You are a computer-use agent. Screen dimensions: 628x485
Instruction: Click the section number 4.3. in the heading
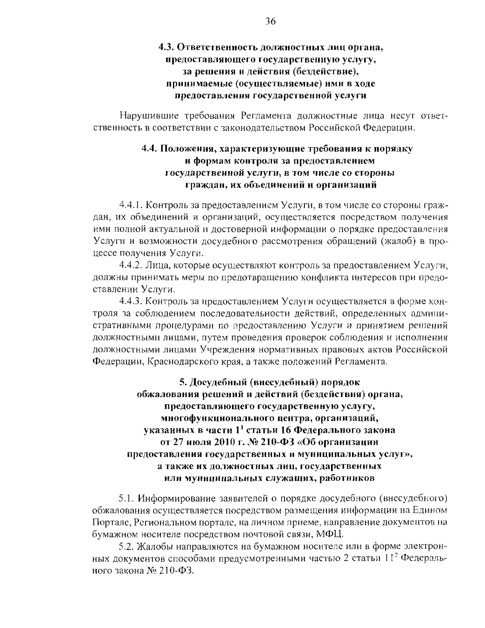tap(166, 47)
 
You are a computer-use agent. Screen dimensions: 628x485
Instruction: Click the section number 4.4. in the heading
tap(150, 148)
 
